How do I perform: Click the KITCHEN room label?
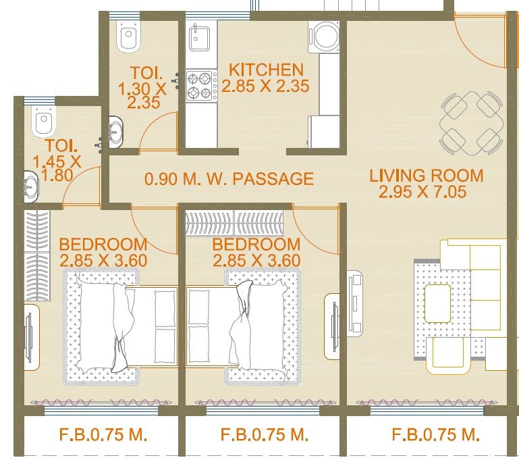[x=266, y=70]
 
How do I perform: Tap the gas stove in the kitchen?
[x=202, y=86]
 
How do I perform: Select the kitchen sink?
[x=199, y=38]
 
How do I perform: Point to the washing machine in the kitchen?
[x=324, y=36]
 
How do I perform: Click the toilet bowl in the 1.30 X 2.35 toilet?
[x=129, y=36]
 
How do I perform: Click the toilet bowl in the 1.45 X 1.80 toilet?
[x=44, y=121]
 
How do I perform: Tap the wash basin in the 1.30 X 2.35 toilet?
[x=116, y=132]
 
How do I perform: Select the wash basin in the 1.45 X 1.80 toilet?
[x=31, y=186]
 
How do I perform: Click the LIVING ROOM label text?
[x=427, y=176]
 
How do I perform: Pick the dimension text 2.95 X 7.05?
[x=422, y=192]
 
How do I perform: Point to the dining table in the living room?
[x=471, y=123]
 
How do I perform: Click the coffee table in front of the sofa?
[x=437, y=303]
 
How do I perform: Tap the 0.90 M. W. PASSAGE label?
[x=229, y=179]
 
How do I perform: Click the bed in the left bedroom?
[x=121, y=327]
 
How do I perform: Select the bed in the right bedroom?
[x=243, y=327]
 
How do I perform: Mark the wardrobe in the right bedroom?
[x=234, y=222]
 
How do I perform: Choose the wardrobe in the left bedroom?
[x=37, y=255]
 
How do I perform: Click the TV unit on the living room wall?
[x=355, y=303]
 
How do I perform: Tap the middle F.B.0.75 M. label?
[x=265, y=434]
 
